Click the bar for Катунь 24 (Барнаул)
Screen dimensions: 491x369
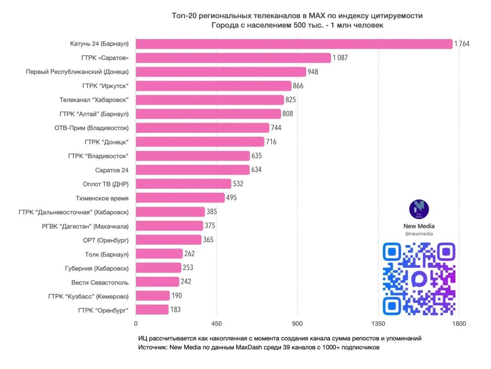(294, 44)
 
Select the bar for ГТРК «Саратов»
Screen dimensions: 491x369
(234, 58)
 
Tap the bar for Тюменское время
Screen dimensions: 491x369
(180, 198)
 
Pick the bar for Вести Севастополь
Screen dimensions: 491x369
(157, 282)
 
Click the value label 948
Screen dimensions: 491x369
(313, 72)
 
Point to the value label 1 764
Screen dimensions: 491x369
(462, 44)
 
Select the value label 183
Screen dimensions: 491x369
(175, 309)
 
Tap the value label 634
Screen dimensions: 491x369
(256, 170)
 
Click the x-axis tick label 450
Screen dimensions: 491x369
(216, 324)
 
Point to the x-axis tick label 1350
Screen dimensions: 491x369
(378, 324)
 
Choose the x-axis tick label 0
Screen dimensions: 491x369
(136, 324)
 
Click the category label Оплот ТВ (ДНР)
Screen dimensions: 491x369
(106, 184)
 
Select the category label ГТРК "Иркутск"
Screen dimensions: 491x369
(105, 86)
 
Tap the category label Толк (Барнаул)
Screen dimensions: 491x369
(107, 255)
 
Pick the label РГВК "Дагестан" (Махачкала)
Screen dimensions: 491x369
(85, 226)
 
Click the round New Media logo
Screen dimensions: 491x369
(419, 209)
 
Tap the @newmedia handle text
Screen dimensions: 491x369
(419, 234)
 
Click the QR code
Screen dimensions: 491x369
(419, 279)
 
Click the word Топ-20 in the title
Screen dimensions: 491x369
(184, 16)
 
